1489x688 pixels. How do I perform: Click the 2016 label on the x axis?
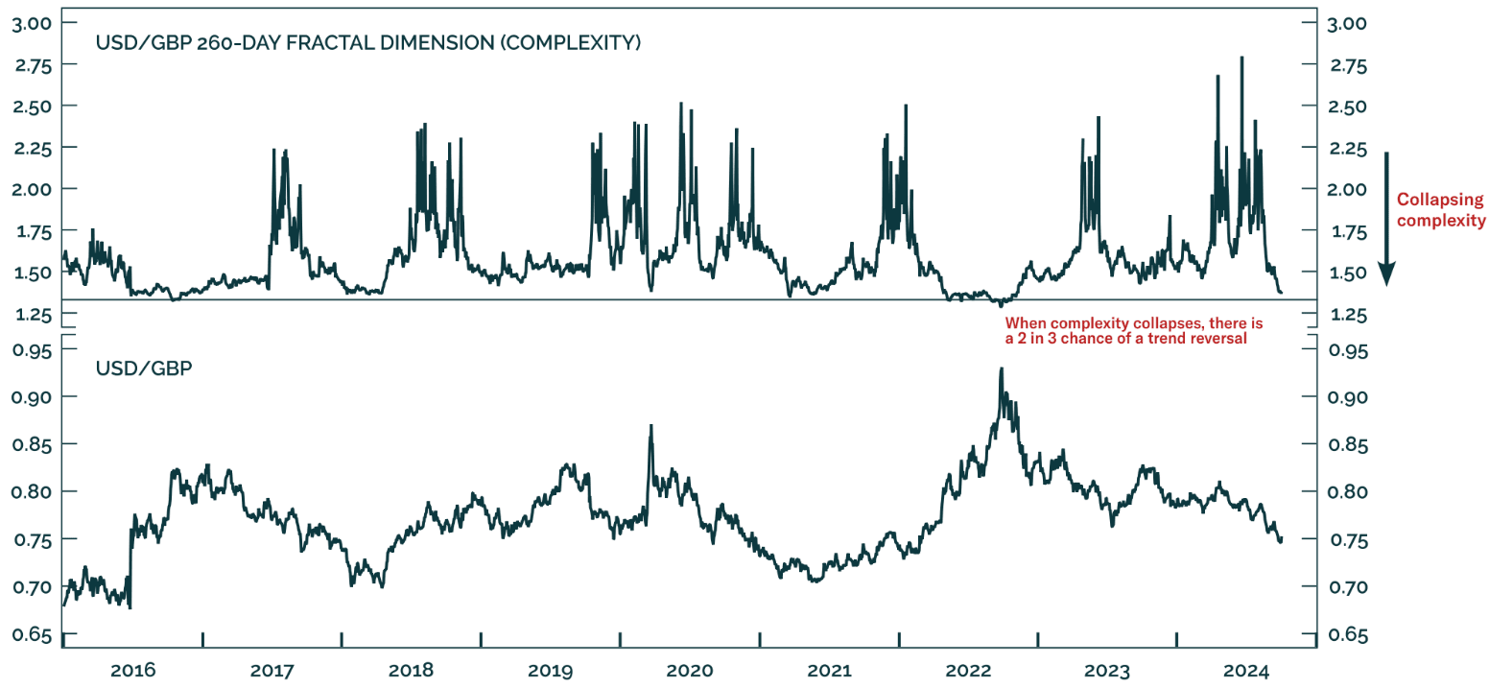(133, 671)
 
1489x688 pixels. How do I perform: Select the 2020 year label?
(690, 671)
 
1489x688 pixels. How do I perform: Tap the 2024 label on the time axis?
(1245, 671)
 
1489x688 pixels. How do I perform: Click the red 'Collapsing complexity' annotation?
(1440, 210)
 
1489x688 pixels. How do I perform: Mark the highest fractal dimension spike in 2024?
(1242, 58)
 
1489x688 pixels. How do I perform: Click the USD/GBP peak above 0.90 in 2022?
(1001, 368)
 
